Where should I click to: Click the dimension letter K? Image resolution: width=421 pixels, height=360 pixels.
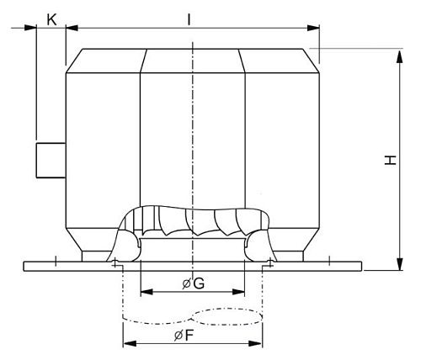(x=51, y=18)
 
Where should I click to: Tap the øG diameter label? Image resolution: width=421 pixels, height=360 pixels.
(x=193, y=283)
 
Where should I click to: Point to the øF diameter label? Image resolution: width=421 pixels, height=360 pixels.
(x=194, y=334)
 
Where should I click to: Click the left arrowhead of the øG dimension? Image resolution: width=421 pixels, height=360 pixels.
(x=144, y=292)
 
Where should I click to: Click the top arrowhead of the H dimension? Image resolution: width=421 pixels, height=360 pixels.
(x=397, y=52)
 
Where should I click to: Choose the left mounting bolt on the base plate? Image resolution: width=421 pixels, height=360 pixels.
(x=114, y=263)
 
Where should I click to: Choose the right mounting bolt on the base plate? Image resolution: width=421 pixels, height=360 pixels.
(x=269, y=263)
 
